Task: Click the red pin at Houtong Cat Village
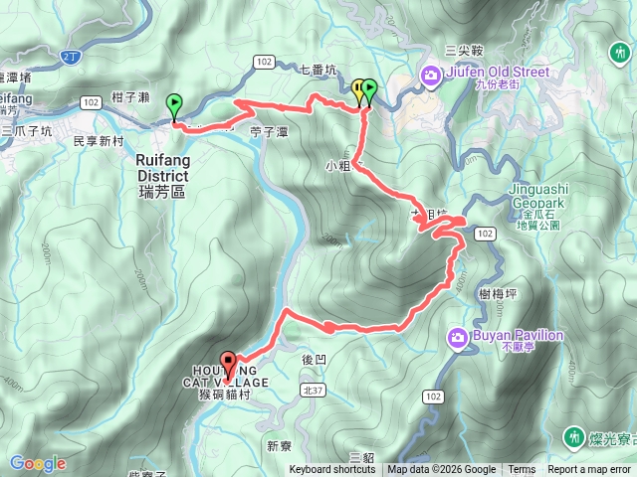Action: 228,364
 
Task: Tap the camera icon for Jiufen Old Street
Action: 431,75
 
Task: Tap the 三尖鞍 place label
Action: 464,49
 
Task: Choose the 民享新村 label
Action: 99,142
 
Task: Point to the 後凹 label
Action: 313,355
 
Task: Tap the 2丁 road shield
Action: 68,59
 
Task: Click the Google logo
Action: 38,463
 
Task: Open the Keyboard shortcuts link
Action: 332,470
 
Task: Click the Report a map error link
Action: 589,470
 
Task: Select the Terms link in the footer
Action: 522,470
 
